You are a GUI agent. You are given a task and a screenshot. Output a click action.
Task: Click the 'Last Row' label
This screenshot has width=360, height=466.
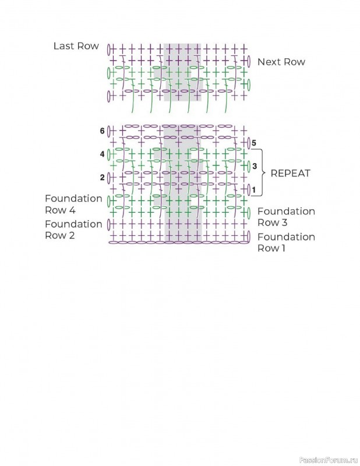(76, 46)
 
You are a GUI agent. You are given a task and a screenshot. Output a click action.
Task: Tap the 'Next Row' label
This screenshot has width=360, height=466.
(281, 62)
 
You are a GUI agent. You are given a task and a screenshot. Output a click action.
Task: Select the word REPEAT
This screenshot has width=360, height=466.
(290, 173)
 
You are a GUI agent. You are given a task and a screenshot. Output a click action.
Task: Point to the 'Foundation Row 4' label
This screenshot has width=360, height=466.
(73, 204)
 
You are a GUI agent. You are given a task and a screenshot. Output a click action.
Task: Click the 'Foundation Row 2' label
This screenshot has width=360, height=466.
(73, 230)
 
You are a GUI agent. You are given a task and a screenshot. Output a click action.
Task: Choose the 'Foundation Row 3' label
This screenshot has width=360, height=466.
(286, 217)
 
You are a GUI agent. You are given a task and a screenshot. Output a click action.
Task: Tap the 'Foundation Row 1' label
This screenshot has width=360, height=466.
(286, 242)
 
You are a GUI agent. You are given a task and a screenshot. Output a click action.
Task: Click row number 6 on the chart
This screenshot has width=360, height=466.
(102, 131)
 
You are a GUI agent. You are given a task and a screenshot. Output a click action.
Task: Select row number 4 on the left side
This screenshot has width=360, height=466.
(102, 154)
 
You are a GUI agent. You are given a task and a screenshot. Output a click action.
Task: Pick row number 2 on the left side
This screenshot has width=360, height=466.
(102, 177)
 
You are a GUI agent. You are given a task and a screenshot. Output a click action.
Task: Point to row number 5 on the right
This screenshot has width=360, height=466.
(254, 143)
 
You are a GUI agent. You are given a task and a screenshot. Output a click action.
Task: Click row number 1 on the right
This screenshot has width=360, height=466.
(254, 189)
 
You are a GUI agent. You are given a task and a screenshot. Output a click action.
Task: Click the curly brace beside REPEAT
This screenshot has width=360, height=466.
(263, 173)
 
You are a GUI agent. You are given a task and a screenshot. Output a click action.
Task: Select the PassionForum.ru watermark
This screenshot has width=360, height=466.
(327, 459)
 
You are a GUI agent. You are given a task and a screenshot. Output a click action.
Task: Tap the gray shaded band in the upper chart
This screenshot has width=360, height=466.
(182, 72)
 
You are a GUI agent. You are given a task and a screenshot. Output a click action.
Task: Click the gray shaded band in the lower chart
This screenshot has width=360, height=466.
(182, 183)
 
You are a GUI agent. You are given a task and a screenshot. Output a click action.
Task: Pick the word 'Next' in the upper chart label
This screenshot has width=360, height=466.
(269, 62)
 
